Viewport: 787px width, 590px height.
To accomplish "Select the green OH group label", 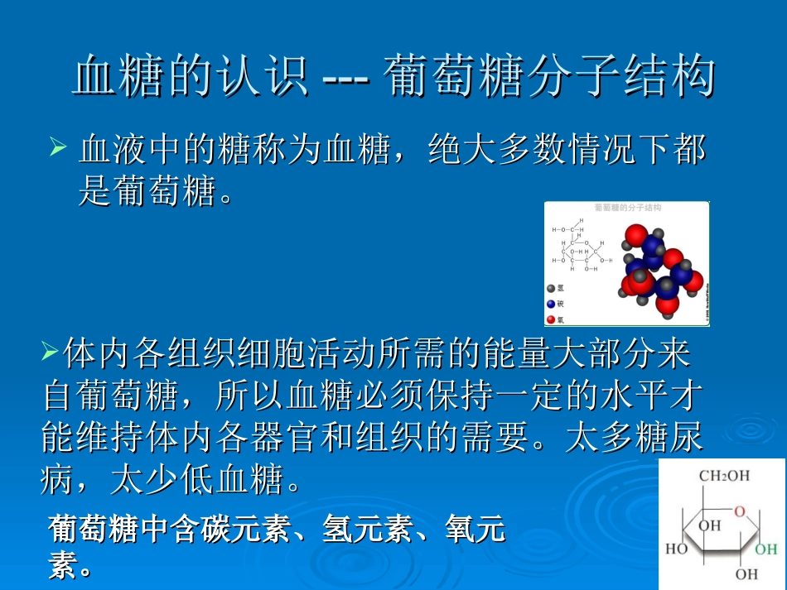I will tap(765, 548).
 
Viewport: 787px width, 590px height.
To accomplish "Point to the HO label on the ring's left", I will tap(677, 548).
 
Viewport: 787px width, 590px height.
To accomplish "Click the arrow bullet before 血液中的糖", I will tap(58, 149).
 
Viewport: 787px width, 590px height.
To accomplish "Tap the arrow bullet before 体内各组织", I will tap(49, 353).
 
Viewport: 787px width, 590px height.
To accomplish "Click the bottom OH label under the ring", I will tap(746, 573).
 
